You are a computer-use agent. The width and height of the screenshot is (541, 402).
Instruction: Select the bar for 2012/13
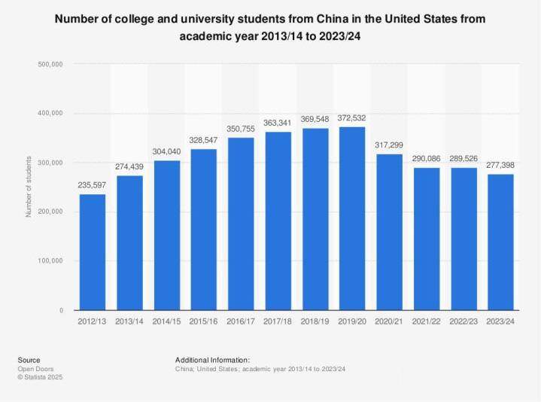(93, 252)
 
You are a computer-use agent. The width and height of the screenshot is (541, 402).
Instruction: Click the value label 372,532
(352, 118)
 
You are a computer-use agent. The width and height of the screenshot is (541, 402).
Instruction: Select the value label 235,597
(93, 186)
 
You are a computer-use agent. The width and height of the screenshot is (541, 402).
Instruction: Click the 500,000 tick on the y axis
(50, 64)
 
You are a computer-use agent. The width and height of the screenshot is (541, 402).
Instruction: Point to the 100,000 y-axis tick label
(50, 261)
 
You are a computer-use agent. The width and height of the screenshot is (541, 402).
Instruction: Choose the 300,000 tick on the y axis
(50, 163)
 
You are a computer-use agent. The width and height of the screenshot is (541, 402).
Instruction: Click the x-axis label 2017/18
(278, 321)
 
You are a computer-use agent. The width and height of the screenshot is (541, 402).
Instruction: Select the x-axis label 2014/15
(167, 321)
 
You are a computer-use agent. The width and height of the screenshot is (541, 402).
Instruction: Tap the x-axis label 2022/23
(463, 321)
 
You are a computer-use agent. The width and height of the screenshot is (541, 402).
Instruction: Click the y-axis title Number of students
(29, 187)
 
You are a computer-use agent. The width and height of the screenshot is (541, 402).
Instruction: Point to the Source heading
(29, 360)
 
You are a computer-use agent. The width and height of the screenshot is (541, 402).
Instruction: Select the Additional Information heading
(212, 360)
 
